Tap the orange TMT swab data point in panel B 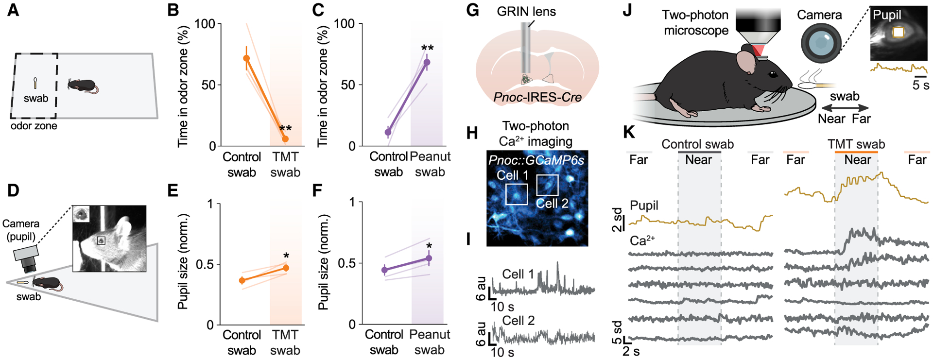click(285, 139)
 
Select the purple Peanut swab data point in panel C click(427, 62)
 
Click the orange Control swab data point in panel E click(242, 280)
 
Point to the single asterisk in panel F click(429, 246)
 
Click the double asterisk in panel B click(285, 129)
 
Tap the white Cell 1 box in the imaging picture click(517, 194)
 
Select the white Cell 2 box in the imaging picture click(547, 185)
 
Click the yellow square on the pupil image click(898, 33)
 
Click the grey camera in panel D click(26, 258)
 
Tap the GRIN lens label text click(526, 11)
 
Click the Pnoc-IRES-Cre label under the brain click(537, 97)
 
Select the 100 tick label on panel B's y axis click(205, 24)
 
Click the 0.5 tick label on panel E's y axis click(205, 265)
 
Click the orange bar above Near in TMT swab click(856, 152)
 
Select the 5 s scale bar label click(920, 85)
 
